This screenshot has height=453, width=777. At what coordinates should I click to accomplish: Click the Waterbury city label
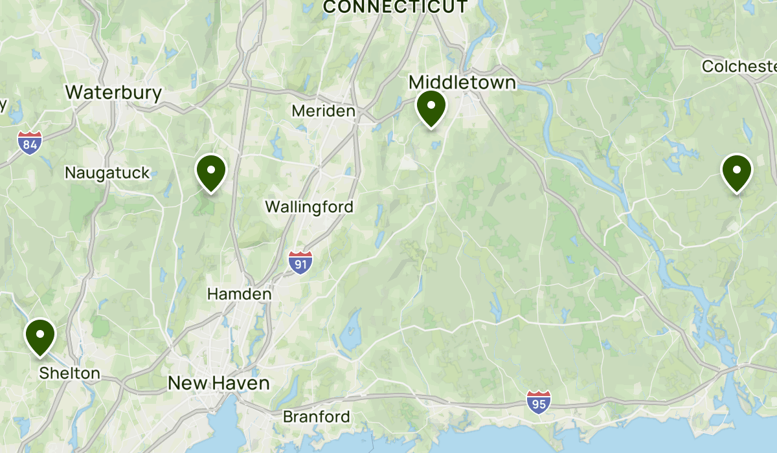pos(113,93)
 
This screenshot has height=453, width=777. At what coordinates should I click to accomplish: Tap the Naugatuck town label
pos(107,173)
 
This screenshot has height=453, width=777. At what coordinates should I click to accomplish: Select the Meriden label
pos(323,111)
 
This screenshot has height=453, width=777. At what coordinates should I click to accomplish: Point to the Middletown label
pos(462,82)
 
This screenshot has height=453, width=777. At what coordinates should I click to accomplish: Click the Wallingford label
pos(310,207)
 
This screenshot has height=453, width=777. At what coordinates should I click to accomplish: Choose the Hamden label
pos(239,294)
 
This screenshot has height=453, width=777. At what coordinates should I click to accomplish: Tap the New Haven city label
pos(218,383)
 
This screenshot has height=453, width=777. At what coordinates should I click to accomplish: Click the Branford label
pos(316,417)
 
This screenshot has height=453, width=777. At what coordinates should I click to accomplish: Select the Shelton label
pos(69,373)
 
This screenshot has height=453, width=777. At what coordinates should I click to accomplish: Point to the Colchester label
pos(739,67)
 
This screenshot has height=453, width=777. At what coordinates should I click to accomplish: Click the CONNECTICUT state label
pos(395,7)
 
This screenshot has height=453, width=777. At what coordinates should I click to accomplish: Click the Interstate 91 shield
pos(300,262)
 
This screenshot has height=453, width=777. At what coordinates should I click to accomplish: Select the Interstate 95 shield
pos(539,402)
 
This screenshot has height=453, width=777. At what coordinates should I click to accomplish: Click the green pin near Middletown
pos(431,108)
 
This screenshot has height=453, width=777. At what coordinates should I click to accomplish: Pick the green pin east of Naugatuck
pos(211,173)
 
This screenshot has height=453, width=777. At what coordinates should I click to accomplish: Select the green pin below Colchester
pos(737,172)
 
